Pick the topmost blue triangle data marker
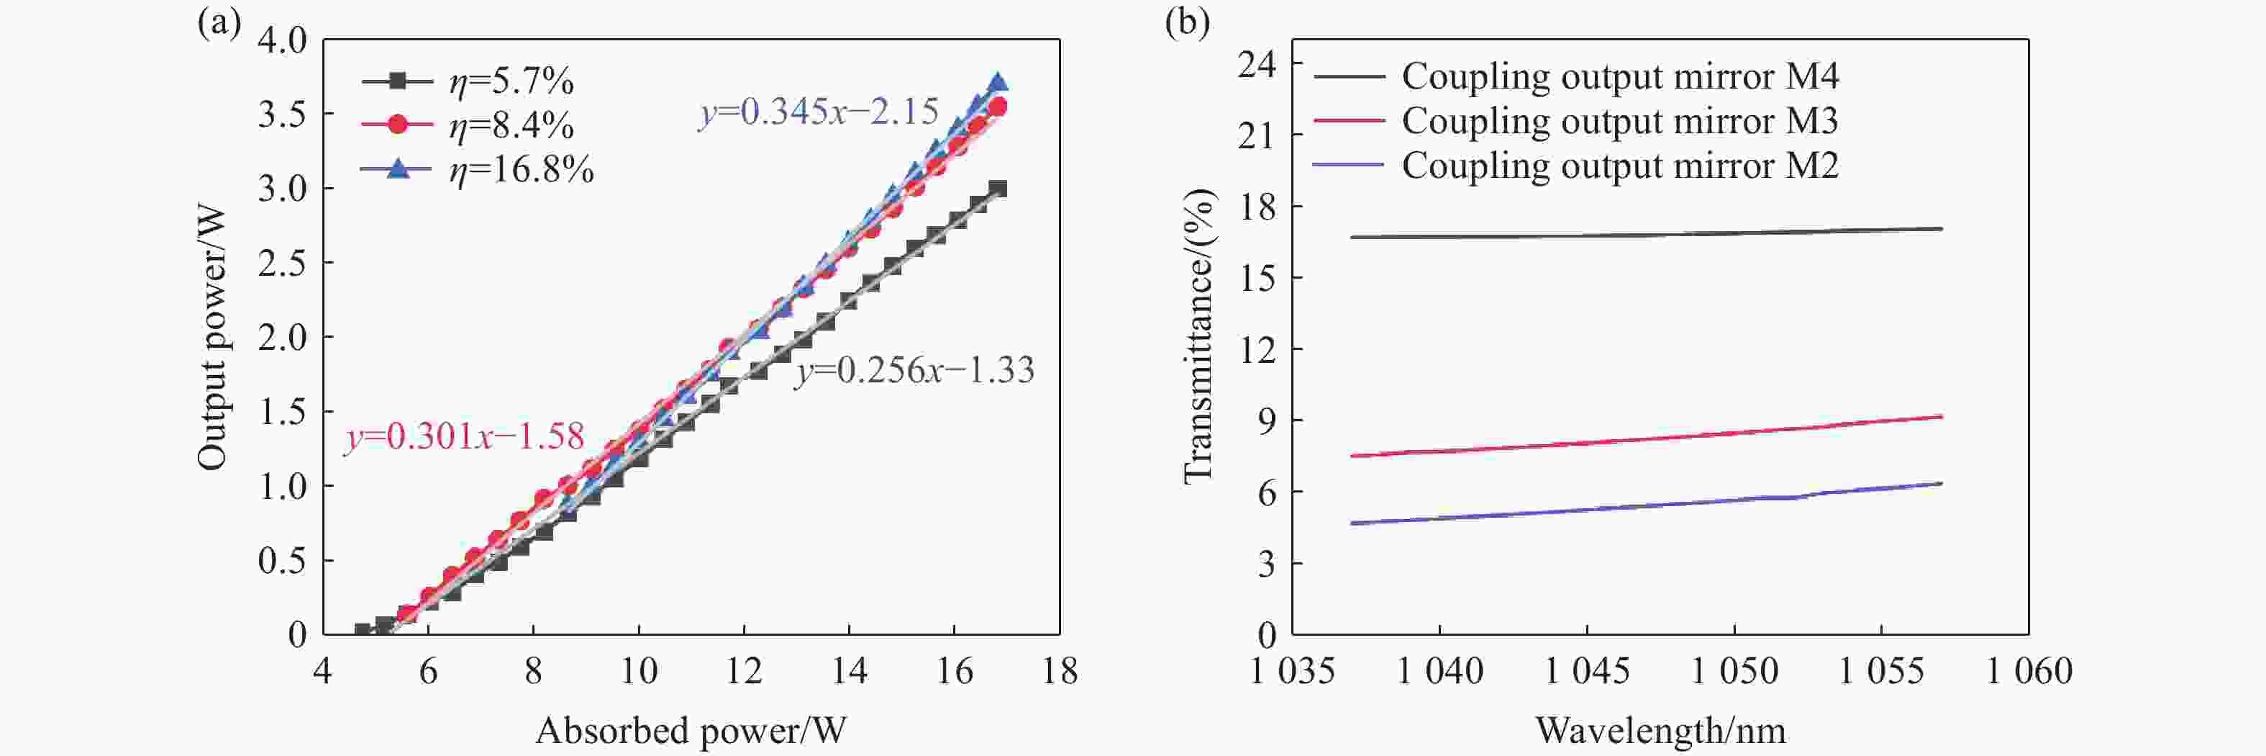click(x=998, y=82)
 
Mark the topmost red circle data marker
click(x=998, y=107)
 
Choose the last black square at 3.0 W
click(x=998, y=189)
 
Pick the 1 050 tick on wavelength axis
click(x=1734, y=672)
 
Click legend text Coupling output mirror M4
click(x=1619, y=76)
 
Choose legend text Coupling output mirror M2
click(x=1619, y=166)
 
